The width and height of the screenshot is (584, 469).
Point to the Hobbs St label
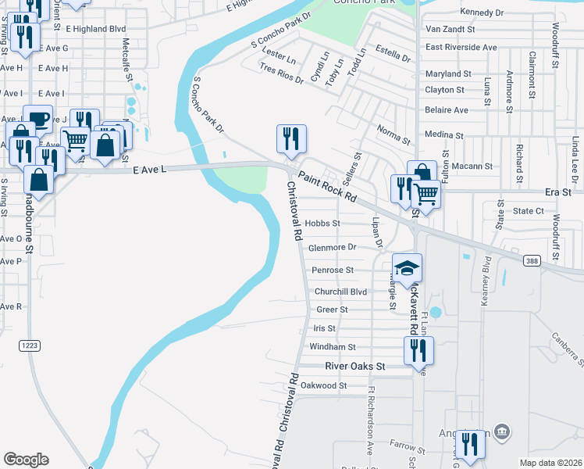[x=322, y=224]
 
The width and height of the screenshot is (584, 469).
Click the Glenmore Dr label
[x=333, y=247]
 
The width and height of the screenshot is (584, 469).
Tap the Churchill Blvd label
[x=340, y=292]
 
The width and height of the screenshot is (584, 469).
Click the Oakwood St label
[x=324, y=385]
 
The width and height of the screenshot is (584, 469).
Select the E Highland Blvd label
[x=96, y=28]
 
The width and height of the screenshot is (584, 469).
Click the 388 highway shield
[x=532, y=260]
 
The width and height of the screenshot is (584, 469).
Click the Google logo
[x=26, y=460]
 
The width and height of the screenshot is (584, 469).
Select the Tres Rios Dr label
[x=281, y=77]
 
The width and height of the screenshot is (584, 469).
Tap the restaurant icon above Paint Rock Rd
[x=291, y=139]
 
